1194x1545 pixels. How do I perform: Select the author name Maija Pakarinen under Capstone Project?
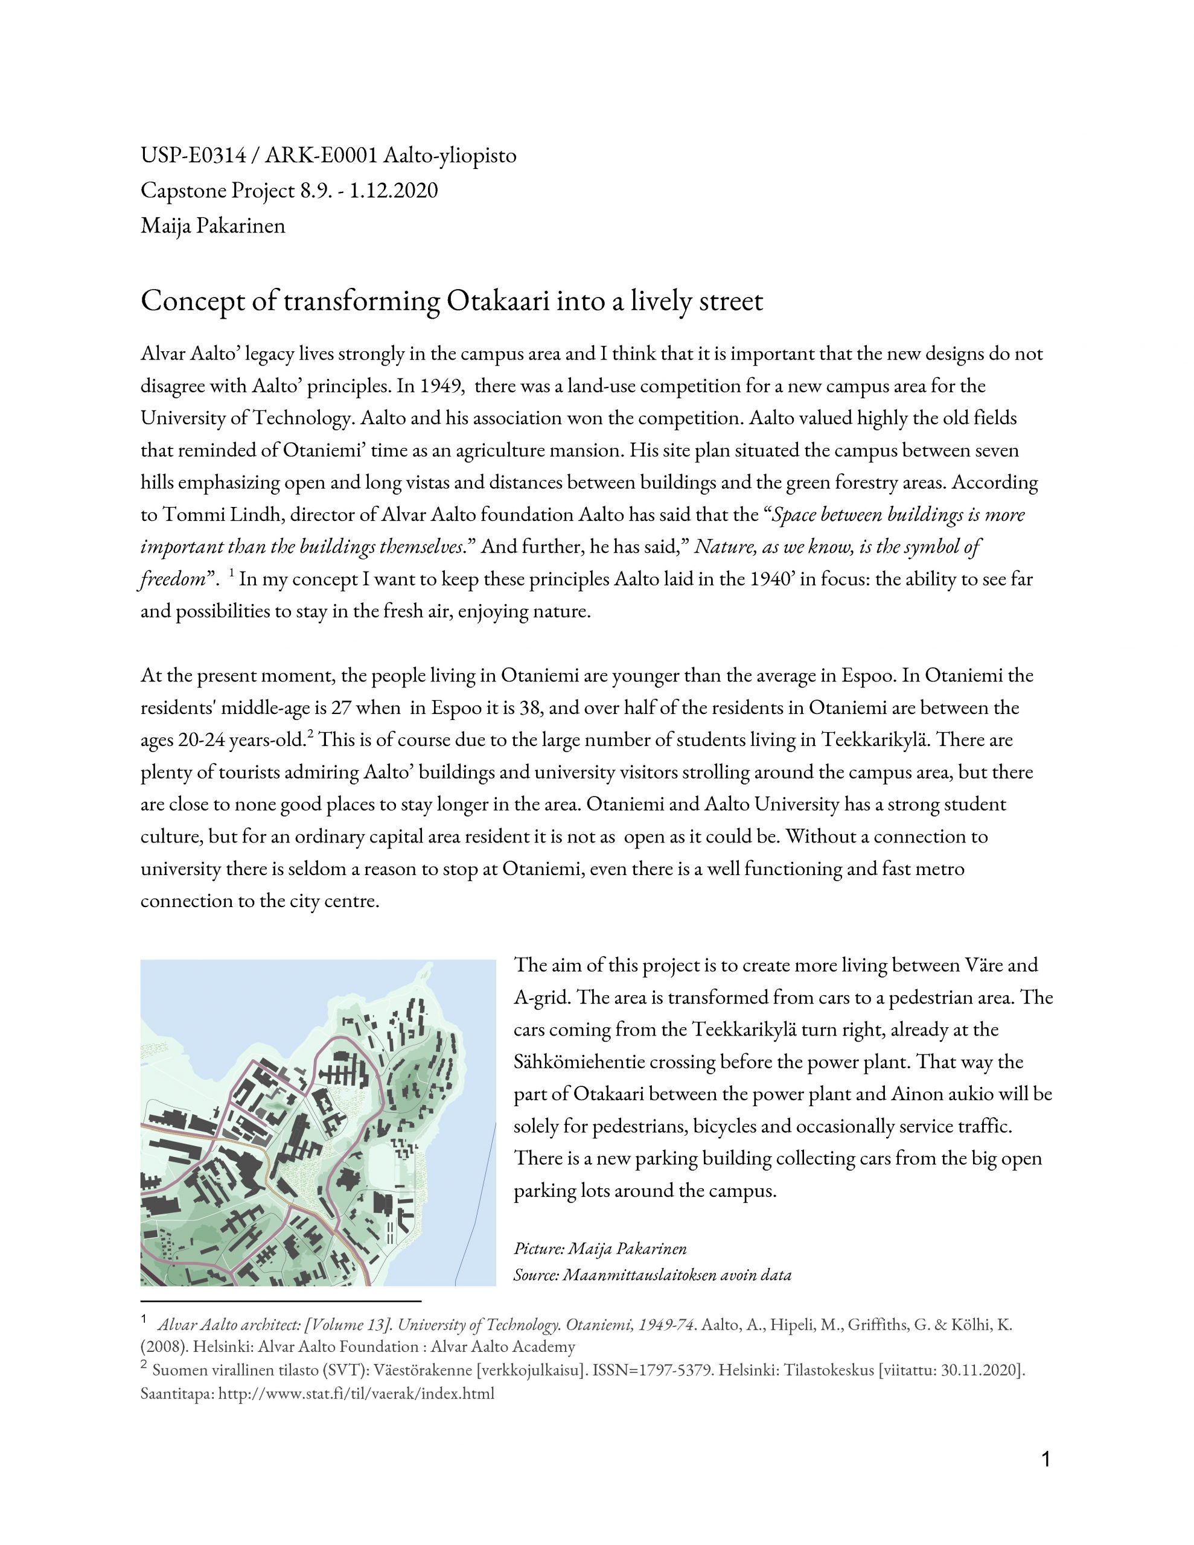pos(212,226)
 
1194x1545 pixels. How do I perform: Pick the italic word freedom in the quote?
pos(172,579)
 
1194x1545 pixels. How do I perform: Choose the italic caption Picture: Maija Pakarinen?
pos(600,1249)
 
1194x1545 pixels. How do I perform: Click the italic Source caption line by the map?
pos(652,1275)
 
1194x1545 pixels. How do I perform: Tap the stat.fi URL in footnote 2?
pos(356,1394)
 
